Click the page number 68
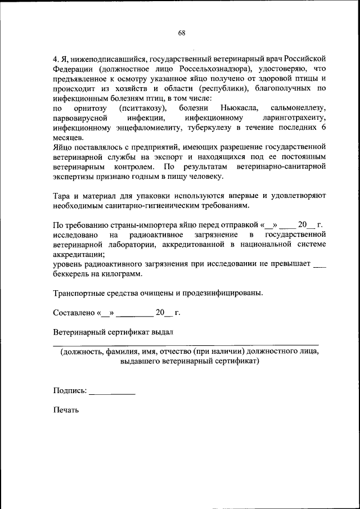tap(182, 33)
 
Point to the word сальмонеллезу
tap(298, 108)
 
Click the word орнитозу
tap(90, 108)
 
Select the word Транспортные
tap(80, 293)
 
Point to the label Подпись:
tap(70, 390)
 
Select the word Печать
tap(66, 410)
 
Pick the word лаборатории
tap(129, 245)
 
